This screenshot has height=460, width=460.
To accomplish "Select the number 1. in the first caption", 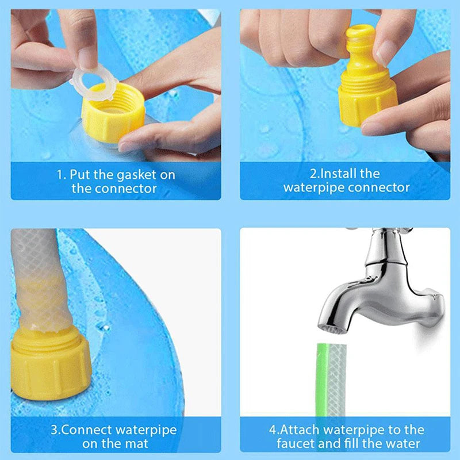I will point(62,174).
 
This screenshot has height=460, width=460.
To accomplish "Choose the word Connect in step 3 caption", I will point(92,430).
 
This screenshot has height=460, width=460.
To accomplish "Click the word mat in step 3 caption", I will point(136,443).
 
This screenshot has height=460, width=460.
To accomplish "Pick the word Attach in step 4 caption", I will point(302,430).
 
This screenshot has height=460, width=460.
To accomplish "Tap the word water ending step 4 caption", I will point(402,443).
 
